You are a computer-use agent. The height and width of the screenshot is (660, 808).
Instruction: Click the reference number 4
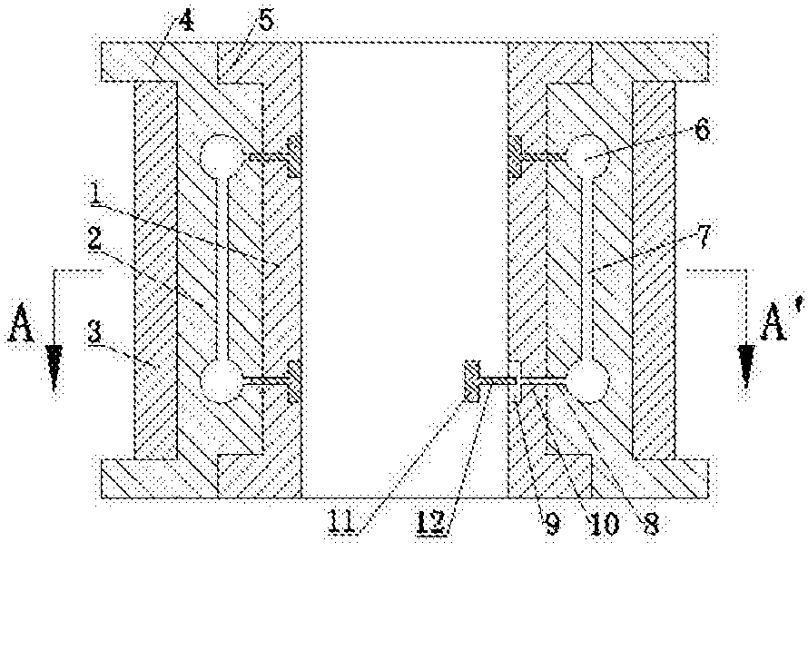click(186, 22)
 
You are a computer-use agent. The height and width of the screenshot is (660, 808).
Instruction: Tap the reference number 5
click(265, 21)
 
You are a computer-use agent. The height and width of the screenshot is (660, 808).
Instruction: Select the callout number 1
click(95, 193)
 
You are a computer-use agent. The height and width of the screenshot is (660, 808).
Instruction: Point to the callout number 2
click(94, 239)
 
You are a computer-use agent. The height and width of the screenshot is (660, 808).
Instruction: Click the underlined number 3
click(94, 333)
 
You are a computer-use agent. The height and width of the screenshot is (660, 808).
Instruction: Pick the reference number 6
click(702, 128)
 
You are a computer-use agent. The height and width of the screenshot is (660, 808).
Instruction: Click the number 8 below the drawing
click(650, 524)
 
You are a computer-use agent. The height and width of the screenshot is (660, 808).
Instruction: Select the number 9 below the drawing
click(552, 524)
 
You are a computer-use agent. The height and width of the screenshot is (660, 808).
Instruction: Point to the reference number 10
click(602, 524)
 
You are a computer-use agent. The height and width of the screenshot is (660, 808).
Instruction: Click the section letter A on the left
click(21, 323)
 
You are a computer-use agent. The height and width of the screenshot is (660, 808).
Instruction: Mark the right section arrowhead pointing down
click(745, 367)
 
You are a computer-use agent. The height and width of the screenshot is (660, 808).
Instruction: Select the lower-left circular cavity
click(220, 381)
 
